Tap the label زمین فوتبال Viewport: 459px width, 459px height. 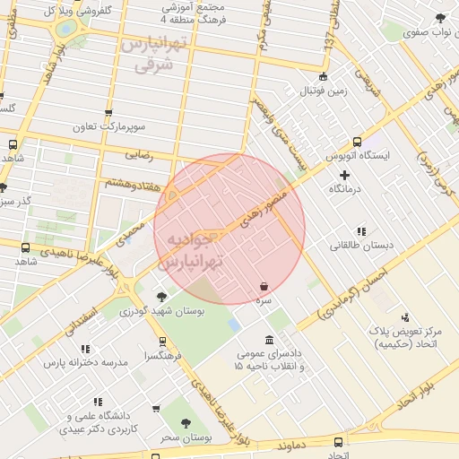pos(323,91)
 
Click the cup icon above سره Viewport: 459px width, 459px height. pos(264,287)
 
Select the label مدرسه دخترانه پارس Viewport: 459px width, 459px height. pos(90,362)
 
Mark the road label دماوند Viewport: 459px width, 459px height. pos(295,445)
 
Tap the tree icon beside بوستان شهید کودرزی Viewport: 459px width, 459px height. pos(161,297)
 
